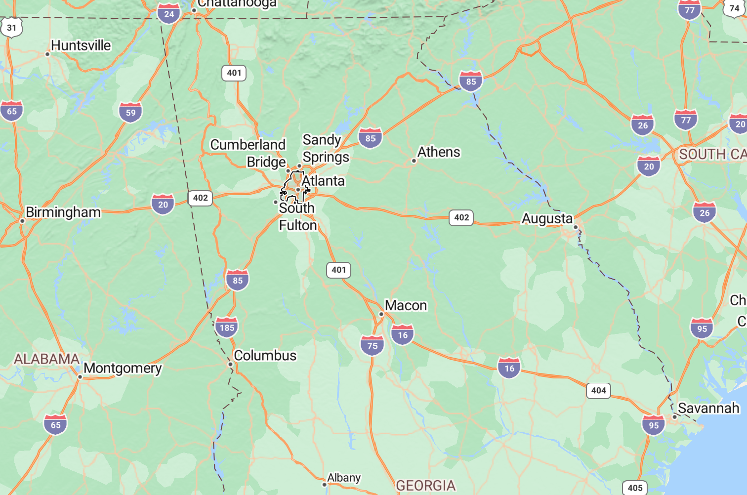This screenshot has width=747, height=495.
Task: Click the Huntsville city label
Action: point(81,45)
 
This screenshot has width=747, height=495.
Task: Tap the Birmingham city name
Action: point(63,212)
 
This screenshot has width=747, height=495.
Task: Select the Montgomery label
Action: point(123,369)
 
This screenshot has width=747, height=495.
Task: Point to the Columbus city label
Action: point(265,356)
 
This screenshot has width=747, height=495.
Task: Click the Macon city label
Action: point(406,306)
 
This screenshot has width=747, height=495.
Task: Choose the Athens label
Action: point(439,152)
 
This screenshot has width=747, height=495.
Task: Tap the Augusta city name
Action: point(547,218)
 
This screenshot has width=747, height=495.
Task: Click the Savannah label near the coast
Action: point(708,409)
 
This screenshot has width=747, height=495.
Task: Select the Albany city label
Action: point(344,478)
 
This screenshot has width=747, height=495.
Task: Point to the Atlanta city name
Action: point(323,181)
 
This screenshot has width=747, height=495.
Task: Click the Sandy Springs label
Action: point(326,149)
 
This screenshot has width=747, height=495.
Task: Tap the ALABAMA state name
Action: point(46,359)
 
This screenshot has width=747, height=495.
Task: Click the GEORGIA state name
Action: point(426,486)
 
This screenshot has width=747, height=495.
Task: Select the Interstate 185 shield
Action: point(227,327)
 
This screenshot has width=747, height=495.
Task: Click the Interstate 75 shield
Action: point(373,345)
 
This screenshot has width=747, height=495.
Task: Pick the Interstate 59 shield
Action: point(130,112)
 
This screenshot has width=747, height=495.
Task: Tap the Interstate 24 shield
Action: point(169,14)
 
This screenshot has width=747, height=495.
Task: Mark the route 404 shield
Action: point(599,391)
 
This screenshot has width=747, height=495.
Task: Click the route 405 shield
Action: point(635,488)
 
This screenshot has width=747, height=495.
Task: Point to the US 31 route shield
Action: point(11,28)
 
